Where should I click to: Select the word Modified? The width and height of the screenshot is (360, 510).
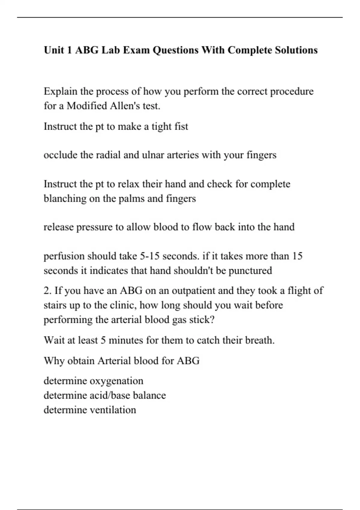pyautogui.click(x=87, y=106)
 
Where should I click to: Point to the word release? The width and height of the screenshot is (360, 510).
pyautogui.click(x=58, y=227)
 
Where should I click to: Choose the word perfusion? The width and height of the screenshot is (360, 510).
pyautogui.click(x=64, y=256)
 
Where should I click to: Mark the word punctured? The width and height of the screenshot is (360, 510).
pyautogui.click(x=250, y=271)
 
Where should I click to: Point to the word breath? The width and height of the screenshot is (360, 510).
pyautogui.click(x=259, y=340)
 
